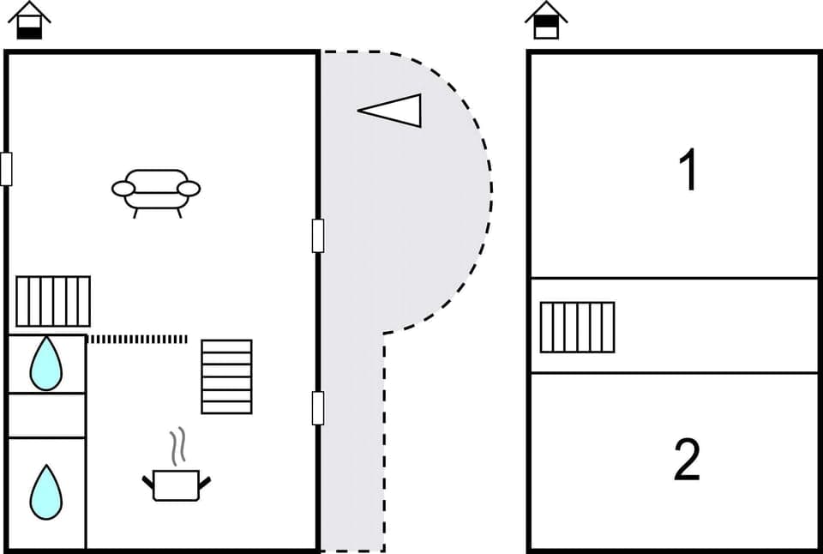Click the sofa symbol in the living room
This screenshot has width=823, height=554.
[156, 190]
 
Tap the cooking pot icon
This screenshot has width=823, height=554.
[176, 485]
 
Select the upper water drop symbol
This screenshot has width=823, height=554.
[45, 364]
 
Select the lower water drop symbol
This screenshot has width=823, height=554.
[45, 492]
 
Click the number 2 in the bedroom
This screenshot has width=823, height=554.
[688, 460]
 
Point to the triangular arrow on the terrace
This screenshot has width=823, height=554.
[393, 111]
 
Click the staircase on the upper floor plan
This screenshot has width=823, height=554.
[577, 327]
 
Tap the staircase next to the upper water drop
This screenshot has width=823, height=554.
[53, 301]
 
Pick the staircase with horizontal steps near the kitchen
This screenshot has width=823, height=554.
[226, 376]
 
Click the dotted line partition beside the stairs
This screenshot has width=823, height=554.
[137, 340]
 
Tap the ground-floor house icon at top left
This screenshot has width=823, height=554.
[29, 21]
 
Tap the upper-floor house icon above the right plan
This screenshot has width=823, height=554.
[546, 21]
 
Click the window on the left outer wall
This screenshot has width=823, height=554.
[6, 169]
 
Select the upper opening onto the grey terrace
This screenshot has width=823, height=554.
[318, 236]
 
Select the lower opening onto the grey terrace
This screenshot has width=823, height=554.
[318, 408]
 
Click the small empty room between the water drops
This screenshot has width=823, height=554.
[46, 415]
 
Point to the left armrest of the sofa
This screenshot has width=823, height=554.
[123, 189]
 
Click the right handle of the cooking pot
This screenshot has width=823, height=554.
[204, 481]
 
